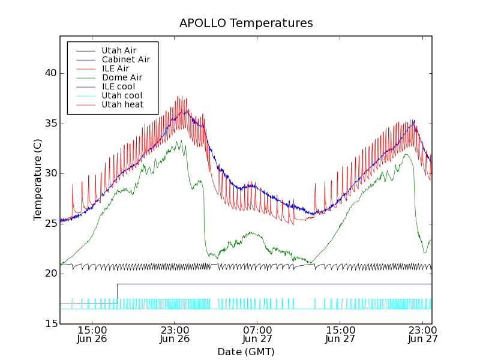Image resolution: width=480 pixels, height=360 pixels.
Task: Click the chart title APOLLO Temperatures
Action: (246, 23)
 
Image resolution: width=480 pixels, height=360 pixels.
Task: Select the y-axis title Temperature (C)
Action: (38, 179)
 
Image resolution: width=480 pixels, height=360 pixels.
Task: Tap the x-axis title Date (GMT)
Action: (246, 352)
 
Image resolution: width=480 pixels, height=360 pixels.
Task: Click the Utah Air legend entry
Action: (119, 50)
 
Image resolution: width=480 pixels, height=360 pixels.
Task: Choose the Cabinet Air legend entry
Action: (125, 59)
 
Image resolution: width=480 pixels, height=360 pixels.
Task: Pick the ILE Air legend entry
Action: (115, 68)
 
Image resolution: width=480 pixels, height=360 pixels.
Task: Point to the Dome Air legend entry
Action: (122, 77)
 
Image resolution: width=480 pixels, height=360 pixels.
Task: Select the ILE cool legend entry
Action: (118, 86)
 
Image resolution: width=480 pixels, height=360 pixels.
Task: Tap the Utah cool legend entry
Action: (122, 95)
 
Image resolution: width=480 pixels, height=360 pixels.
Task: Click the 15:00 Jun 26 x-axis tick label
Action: (92, 334)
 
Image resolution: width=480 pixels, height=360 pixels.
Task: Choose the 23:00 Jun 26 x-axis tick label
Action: (175, 334)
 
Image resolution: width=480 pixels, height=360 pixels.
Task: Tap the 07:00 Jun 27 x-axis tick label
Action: (257, 334)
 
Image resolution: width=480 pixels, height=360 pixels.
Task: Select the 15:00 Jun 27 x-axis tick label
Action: (340, 334)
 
